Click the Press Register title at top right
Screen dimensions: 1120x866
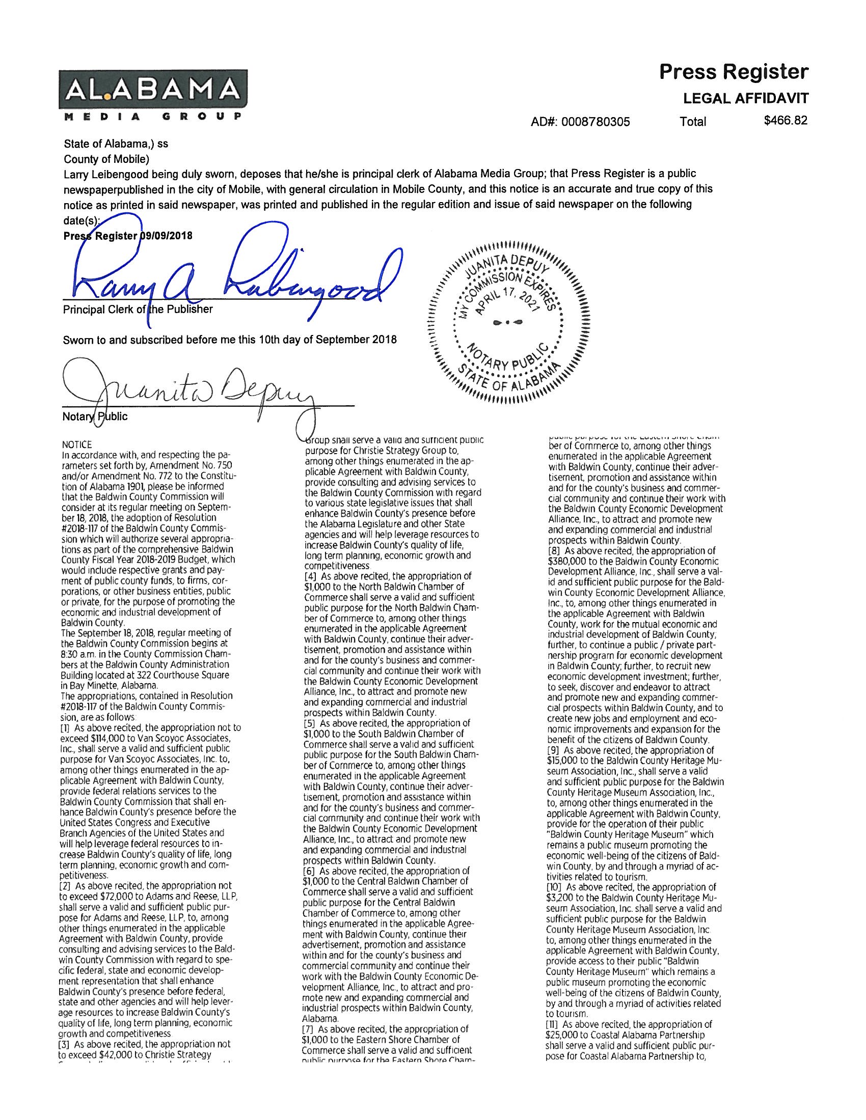[733, 72]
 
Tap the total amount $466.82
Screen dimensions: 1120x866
[786, 121]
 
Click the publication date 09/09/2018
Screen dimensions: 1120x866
[166, 236]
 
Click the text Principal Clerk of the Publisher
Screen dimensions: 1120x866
[138, 309]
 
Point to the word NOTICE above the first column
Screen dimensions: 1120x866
[76, 444]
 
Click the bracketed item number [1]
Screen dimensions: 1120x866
[66, 727]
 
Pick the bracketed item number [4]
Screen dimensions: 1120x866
[310, 576]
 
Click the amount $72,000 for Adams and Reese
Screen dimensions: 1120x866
[115, 896]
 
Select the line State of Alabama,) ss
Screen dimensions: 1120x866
[116, 144]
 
